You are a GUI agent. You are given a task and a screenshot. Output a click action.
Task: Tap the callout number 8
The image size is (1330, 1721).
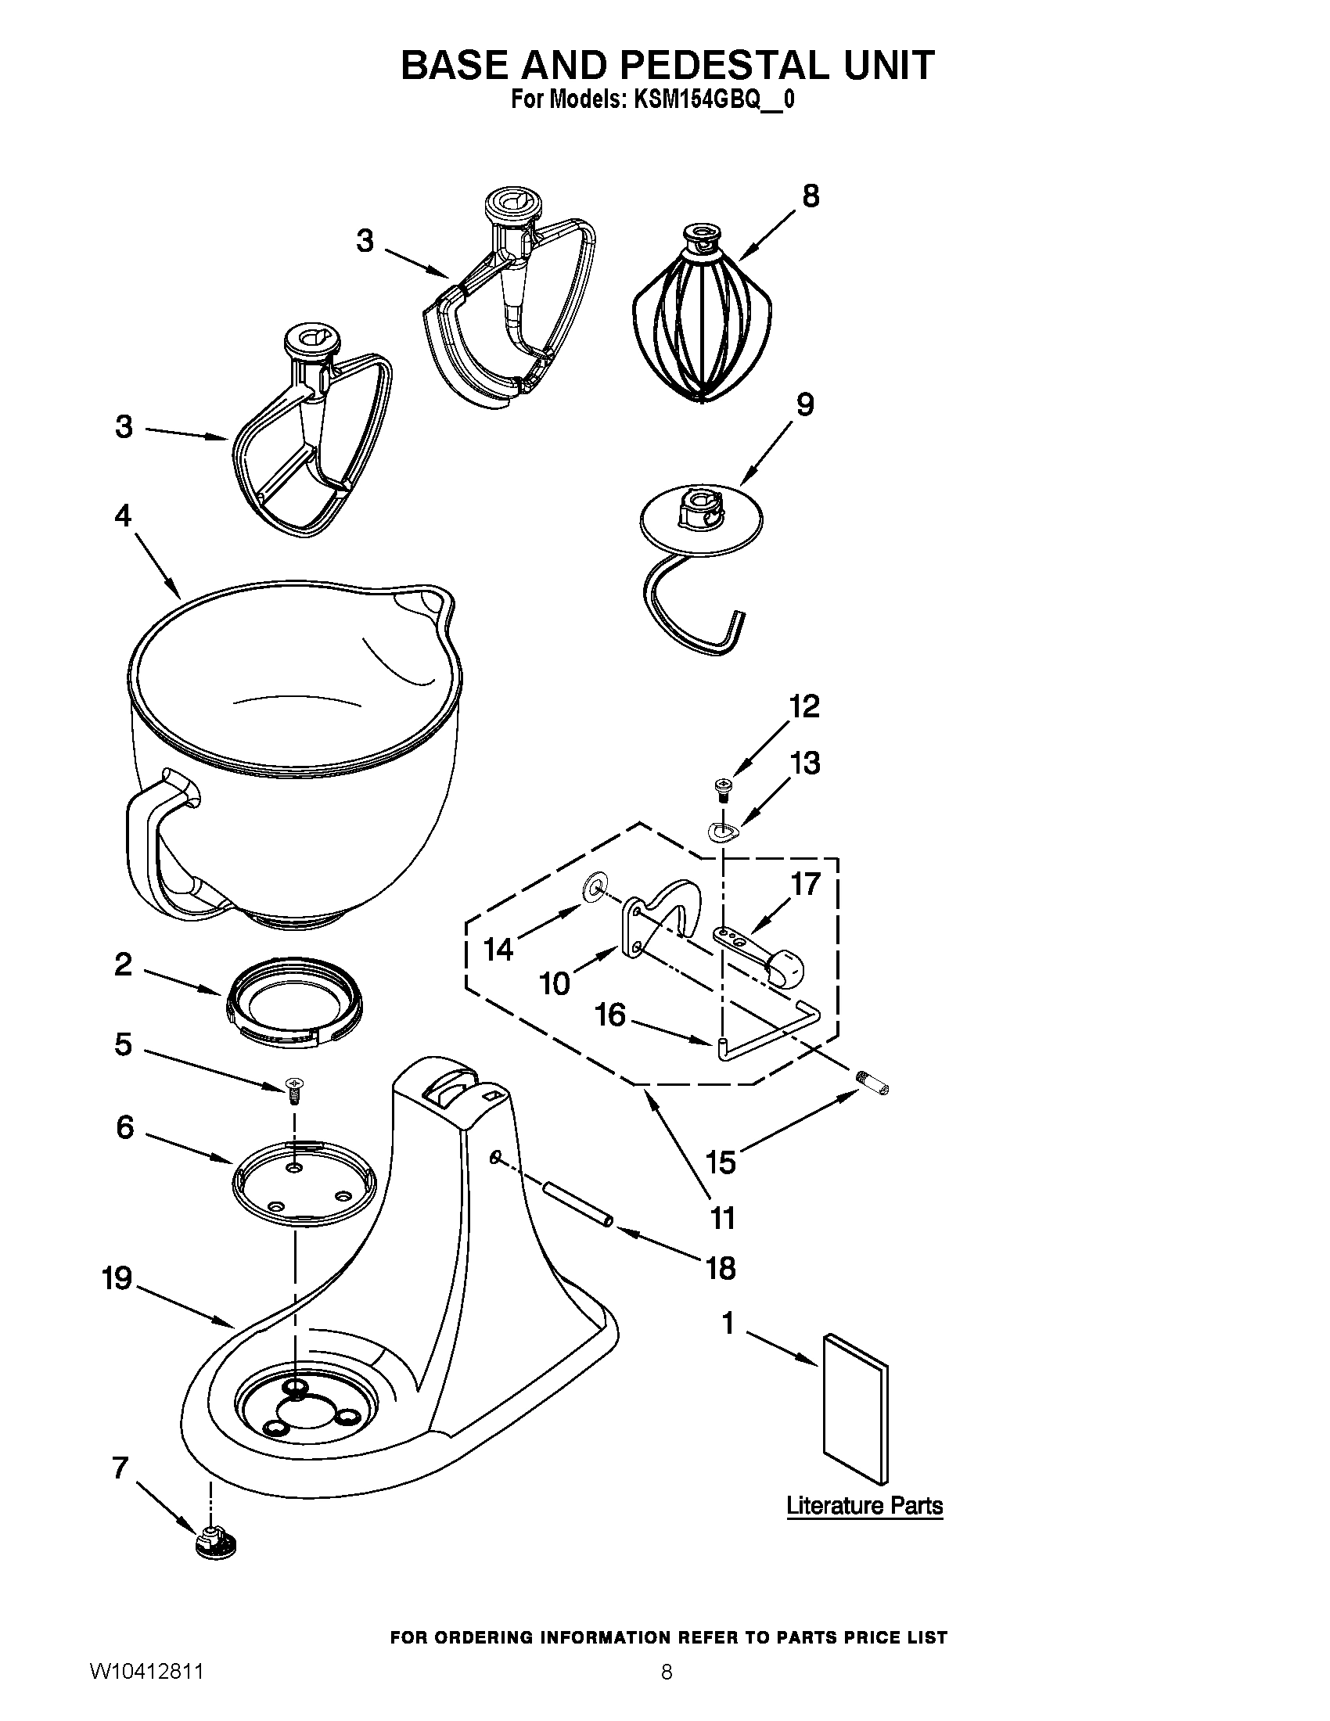click(811, 196)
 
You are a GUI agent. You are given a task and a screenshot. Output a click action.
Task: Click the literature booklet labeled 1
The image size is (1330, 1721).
click(855, 1407)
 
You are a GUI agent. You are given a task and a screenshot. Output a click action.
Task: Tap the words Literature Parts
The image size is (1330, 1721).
click(864, 1506)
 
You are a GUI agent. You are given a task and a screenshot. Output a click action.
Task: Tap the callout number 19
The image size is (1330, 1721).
click(117, 1278)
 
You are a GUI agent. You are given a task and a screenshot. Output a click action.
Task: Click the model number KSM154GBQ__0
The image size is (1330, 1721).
click(709, 100)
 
